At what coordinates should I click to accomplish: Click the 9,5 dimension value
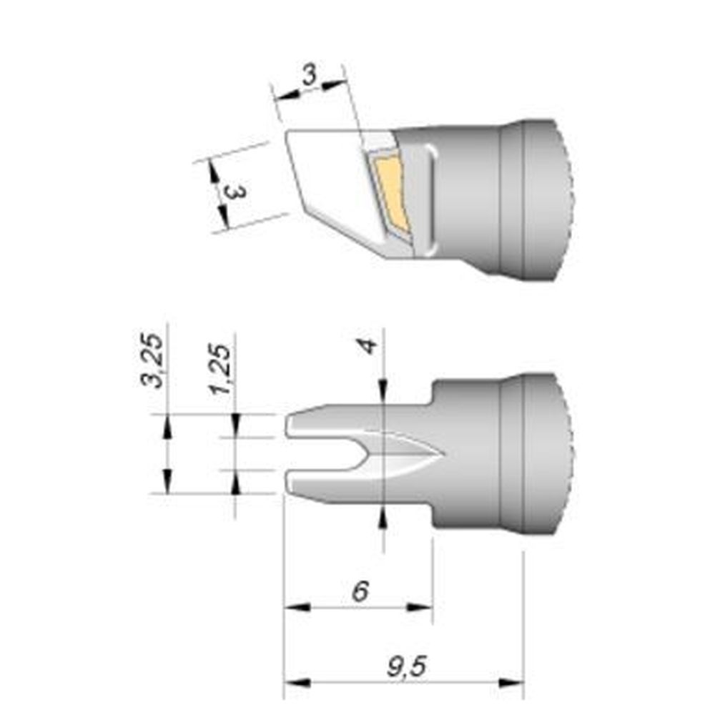click(406, 669)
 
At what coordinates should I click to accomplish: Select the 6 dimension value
click(362, 591)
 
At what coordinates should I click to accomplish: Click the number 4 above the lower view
click(368, 347)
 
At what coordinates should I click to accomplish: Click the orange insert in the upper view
click(390, 192)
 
